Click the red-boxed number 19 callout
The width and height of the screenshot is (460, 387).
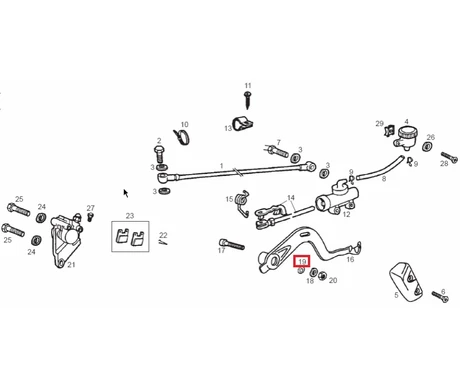[x=302, y=261]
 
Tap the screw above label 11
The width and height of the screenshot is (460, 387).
[x=247, y=100]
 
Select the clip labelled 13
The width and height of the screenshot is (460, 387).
[x=242, y=124]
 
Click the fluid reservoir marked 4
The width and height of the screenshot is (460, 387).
[x=406, y=137]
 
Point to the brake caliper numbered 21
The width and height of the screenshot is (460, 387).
[x=66, y=239]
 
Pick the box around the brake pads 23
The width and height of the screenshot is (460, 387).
[x=130, y=236]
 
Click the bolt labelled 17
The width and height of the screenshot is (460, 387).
[x=232, y=244]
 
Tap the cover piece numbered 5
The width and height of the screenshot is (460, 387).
[x=406, y=281]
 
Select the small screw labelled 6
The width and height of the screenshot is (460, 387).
[x=440, y=297]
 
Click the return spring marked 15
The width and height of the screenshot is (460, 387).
[x=242, y=203]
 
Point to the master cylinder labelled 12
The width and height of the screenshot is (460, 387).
[x=337, y=198]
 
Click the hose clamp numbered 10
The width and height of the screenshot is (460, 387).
[x=182, y=137]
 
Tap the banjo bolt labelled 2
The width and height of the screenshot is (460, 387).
[x=160, y=154]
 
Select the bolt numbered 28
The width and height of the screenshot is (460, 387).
[x=449, y=157]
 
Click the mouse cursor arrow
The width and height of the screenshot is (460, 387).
[x=126, y=193]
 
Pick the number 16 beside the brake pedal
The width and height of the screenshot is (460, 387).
[x=350, y=259]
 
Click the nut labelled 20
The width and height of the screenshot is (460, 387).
[x=322, y=275]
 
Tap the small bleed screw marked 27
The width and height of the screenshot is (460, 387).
[x=90, y=217]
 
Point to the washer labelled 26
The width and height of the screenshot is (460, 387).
[x=427, y=146]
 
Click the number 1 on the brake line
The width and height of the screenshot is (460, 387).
[x=221, y=166]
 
